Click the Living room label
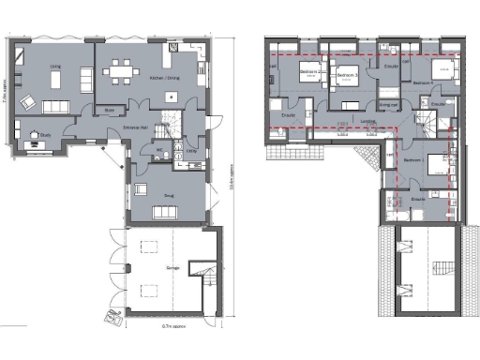(x=55, y=67)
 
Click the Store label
(x=109, y=110)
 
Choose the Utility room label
(x=190, y=149)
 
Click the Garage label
(x=172, y=267)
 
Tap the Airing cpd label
(x=387, y=105)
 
